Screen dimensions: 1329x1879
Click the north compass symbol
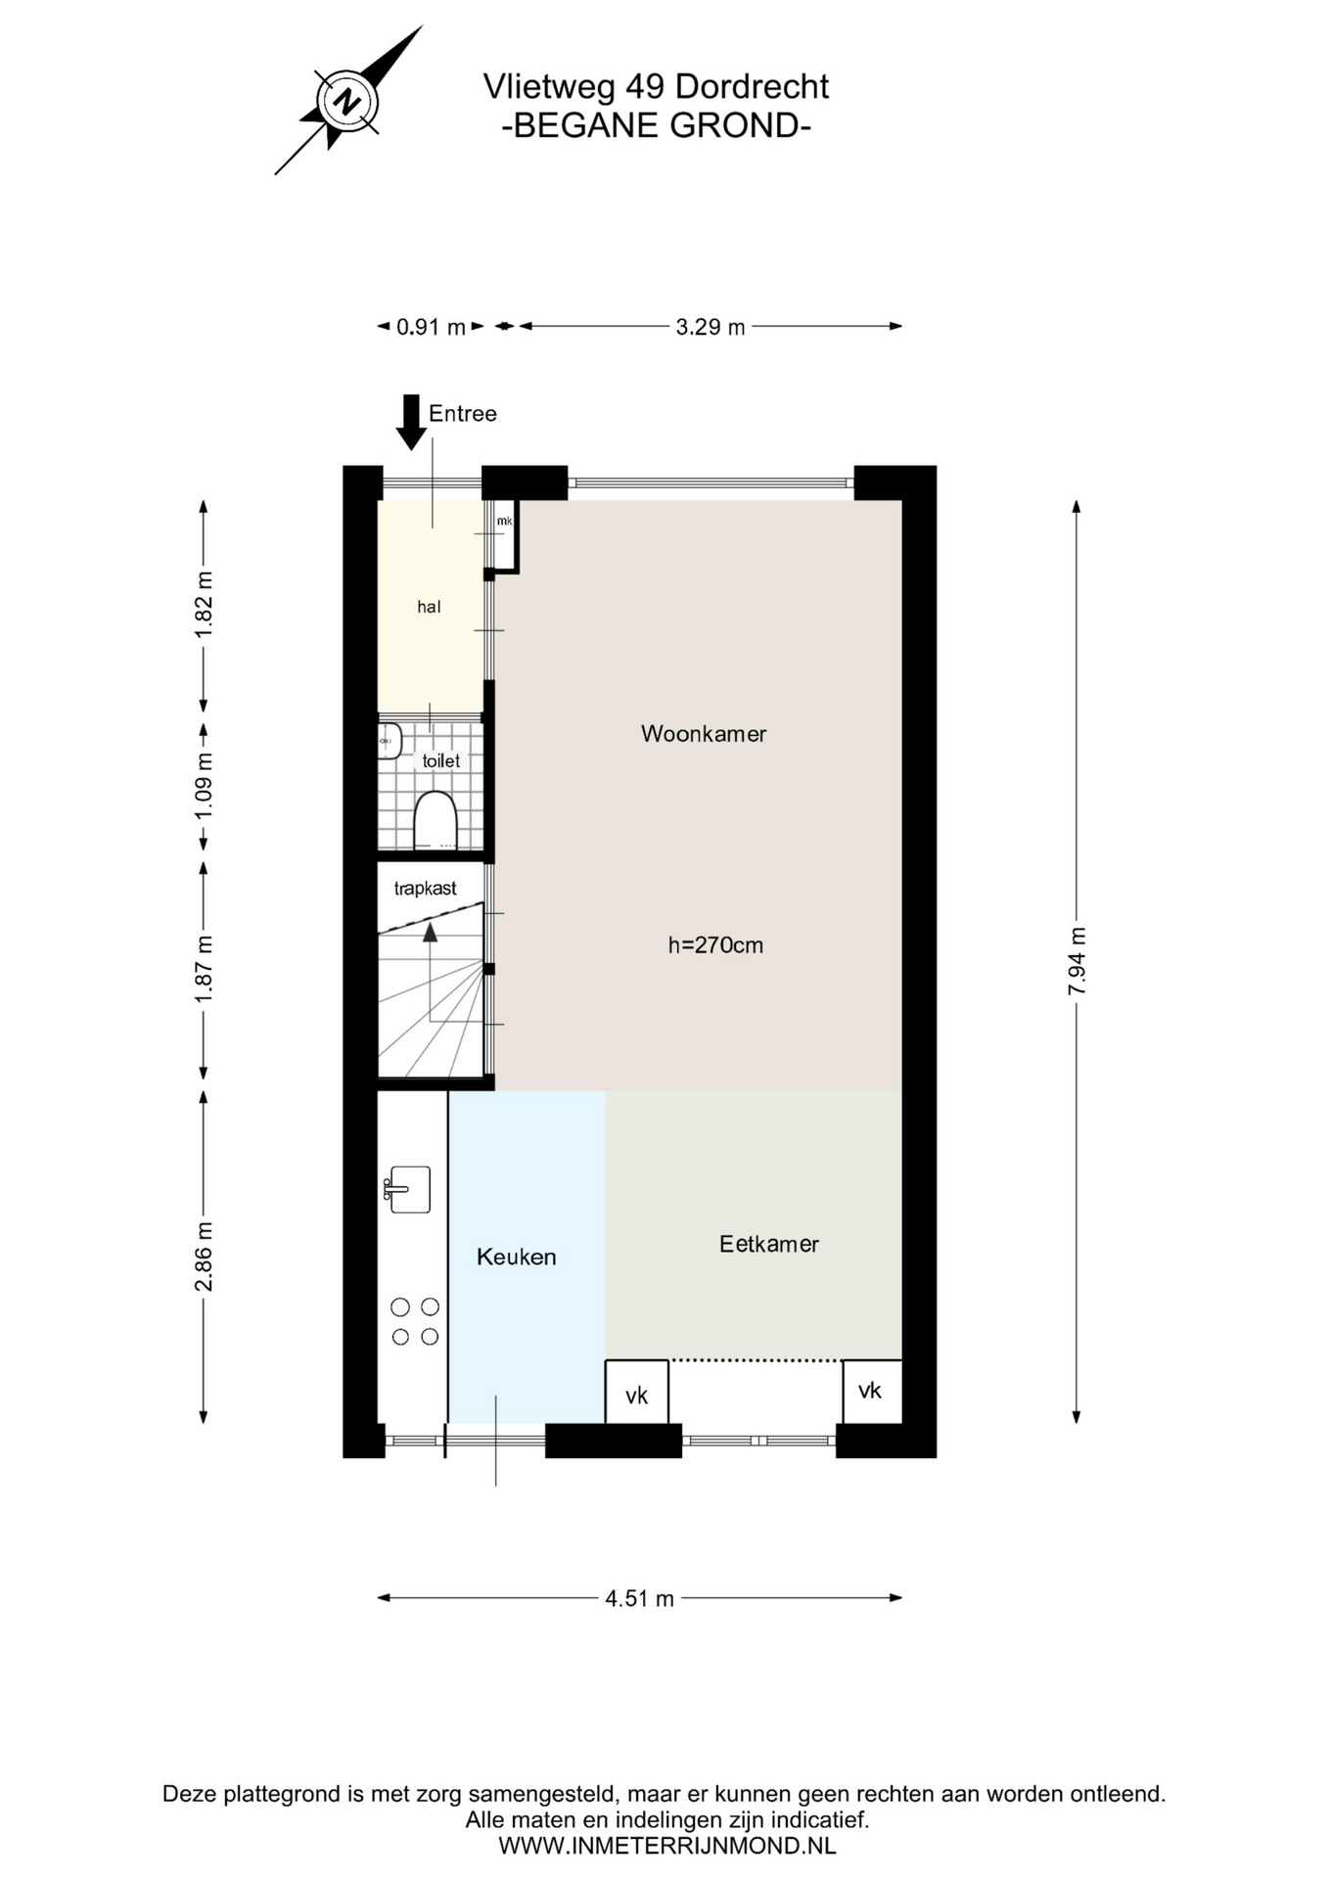(x=347, y=101)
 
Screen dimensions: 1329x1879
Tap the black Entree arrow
(x=411, y=422)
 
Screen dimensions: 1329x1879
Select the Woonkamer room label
(x=703, y=733)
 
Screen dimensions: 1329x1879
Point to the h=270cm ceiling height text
(x=715, y=944)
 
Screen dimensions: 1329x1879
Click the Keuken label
(x=516, y=1257)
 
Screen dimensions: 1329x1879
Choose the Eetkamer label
(x=768, y=1244)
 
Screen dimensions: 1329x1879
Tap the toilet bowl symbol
(x=435, y=820)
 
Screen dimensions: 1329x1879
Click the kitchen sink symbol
(x=407, y=1189)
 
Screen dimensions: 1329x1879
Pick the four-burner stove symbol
(x=415, y=1321)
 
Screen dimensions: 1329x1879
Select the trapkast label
(x=425, y=889)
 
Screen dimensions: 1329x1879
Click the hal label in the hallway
(x=429, y=607)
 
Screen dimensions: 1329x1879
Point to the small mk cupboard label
(x=504, y=521)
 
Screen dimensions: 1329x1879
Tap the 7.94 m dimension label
(x=1077, y=961)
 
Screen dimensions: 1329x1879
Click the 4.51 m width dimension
(x=639, y=1598)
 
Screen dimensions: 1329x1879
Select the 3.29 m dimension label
(x=710, y=327)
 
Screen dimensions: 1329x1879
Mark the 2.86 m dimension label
(x=204, y=1257)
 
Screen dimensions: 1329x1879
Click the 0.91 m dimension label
(x=431, y=327)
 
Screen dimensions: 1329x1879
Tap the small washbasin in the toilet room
(x=390, y=741)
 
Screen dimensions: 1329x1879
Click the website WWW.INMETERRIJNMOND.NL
(x=667, y=1846)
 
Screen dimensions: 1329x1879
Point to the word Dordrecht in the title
(x=752, y=87)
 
